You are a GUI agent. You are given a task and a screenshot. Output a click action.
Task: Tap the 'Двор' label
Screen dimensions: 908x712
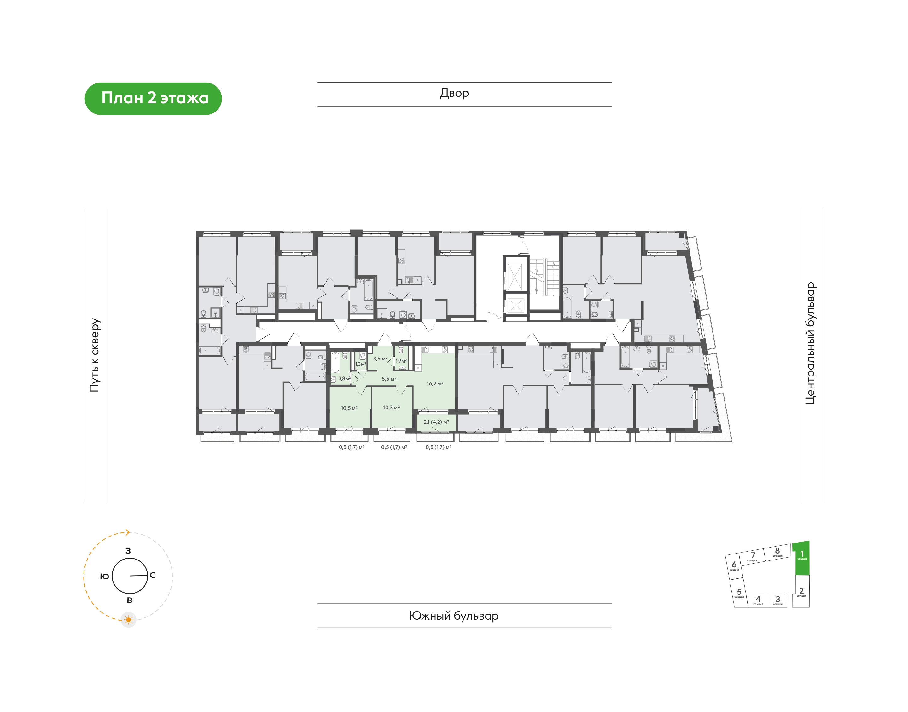[454, 93]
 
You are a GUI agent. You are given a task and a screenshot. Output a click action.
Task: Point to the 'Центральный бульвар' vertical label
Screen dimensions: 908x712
[810, 343]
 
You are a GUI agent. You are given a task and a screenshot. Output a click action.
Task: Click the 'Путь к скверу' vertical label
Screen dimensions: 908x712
[95, 355]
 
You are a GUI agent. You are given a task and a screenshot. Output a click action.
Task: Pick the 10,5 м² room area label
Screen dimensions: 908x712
[349, 408]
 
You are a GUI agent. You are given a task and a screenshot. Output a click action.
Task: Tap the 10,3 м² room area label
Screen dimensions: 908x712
[391, 407]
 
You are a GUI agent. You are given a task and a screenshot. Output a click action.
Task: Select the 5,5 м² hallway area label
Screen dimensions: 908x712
[389, 379]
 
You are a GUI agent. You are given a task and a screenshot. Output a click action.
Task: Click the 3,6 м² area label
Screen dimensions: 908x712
[380, 359]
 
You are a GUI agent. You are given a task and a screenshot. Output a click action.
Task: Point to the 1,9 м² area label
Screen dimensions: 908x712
[401, 361]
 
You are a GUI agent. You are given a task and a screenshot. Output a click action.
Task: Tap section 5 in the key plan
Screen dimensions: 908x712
[739, 593]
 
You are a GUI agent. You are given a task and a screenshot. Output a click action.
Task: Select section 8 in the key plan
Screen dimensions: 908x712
[777, 552]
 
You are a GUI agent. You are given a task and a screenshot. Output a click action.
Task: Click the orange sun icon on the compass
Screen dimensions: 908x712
[128, 620]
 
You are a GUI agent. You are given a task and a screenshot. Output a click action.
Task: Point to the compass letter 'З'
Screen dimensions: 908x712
[128, 551]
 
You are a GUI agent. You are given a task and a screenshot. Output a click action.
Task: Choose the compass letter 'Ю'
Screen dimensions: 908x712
[104, 576]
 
